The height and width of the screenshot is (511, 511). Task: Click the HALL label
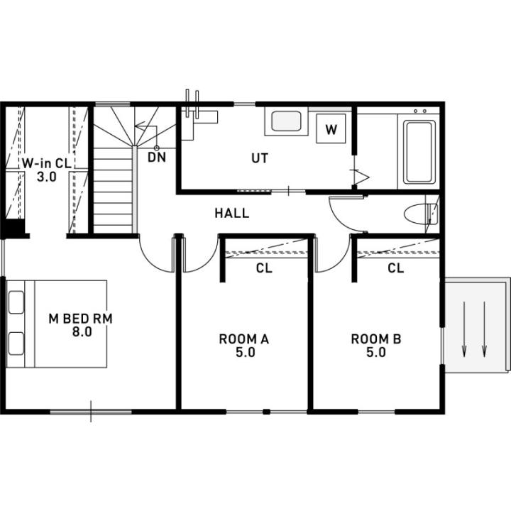231,213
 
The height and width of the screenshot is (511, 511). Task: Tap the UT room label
260,158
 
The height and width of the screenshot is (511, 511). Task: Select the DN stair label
157,157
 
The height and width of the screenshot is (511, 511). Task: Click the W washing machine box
331,128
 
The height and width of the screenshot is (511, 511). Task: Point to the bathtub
419,152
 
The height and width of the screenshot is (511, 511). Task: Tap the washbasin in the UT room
286,121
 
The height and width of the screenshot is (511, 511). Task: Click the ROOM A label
243,339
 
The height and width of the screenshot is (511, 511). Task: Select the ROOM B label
375,339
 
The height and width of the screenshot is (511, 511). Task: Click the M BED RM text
80,319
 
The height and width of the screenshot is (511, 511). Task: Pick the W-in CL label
47,163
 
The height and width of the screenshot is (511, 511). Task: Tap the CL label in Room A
264,268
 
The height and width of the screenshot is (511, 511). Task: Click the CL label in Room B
395,268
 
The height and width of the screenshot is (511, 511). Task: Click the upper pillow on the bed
16,302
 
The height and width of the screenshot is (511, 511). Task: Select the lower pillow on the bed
16,344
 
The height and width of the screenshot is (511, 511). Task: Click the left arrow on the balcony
464,329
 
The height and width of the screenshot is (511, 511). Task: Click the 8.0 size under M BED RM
82,331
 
